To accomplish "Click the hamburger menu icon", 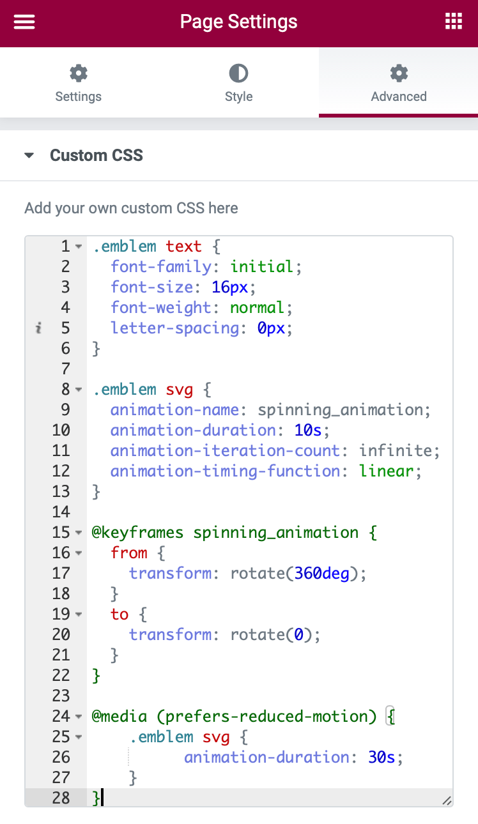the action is coord(24,22).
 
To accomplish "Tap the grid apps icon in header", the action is coord(453,21).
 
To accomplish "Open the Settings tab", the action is coord(79,82).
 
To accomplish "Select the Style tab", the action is coord(239,82).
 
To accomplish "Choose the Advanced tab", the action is coord(399,82).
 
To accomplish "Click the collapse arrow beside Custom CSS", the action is coord(29,155).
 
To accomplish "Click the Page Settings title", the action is coord(238,22).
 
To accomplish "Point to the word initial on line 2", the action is coord(261,267).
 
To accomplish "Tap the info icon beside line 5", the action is coord(38,328).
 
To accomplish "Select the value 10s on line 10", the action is coord(307,430).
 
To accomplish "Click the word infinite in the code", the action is coord(395,450).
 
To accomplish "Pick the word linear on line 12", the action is coord(386,471).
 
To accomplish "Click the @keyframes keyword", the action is coord(137,532).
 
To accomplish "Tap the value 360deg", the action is coord(321,573).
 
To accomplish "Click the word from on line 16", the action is coord(129,553).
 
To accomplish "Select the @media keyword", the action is coord(119,716).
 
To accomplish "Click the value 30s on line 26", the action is coord(382,757).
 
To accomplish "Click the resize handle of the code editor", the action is coord(447,801).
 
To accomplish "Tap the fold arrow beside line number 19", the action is coord(79,614).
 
